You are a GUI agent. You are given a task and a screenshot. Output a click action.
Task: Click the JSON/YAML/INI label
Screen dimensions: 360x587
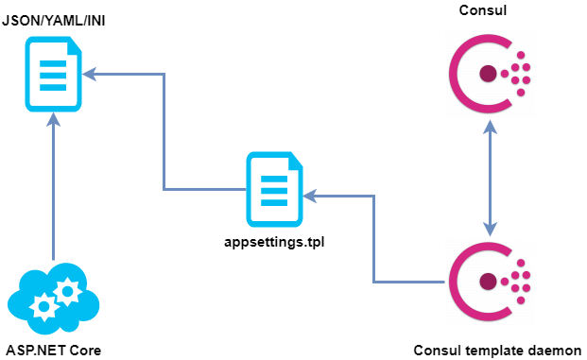(x=55, y=18)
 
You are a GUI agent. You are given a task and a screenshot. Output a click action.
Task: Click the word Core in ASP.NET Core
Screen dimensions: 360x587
(x=82, y=351)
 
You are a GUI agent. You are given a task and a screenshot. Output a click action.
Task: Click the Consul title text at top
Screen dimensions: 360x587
(x=489, y=10)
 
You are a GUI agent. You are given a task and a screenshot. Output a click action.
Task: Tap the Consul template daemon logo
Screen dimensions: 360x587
(x=489, y=282)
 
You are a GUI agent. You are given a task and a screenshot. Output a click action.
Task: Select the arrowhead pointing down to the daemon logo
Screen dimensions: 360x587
(x=489, y=228)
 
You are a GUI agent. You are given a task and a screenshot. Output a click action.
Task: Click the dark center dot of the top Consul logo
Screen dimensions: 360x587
(x=488, y=73)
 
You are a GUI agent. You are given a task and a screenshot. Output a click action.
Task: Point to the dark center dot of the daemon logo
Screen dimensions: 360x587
(x=488, y=282)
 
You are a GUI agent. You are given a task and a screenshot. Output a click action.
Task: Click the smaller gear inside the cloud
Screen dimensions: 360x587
(x=68, y=291)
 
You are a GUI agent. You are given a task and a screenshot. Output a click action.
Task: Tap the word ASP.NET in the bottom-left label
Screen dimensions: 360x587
(x=34, y=351)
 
